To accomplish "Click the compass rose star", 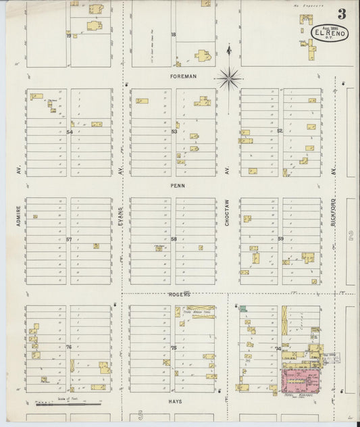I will pos(229,78).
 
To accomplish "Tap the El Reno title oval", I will pos(329,32).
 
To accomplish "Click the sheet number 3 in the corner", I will pos(342,14).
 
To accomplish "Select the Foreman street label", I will pos(183,76).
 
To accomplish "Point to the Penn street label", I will pos(178,185).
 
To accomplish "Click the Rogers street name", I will pos(180,295).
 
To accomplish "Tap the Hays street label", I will pos(175,401).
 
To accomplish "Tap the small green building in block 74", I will pos(242,308).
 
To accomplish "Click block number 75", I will pos(174,347).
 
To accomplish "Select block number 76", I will pos(69,347).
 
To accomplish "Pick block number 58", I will pos(174,239).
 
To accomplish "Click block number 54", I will pos(69,132).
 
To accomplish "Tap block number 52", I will pos(280,130).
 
